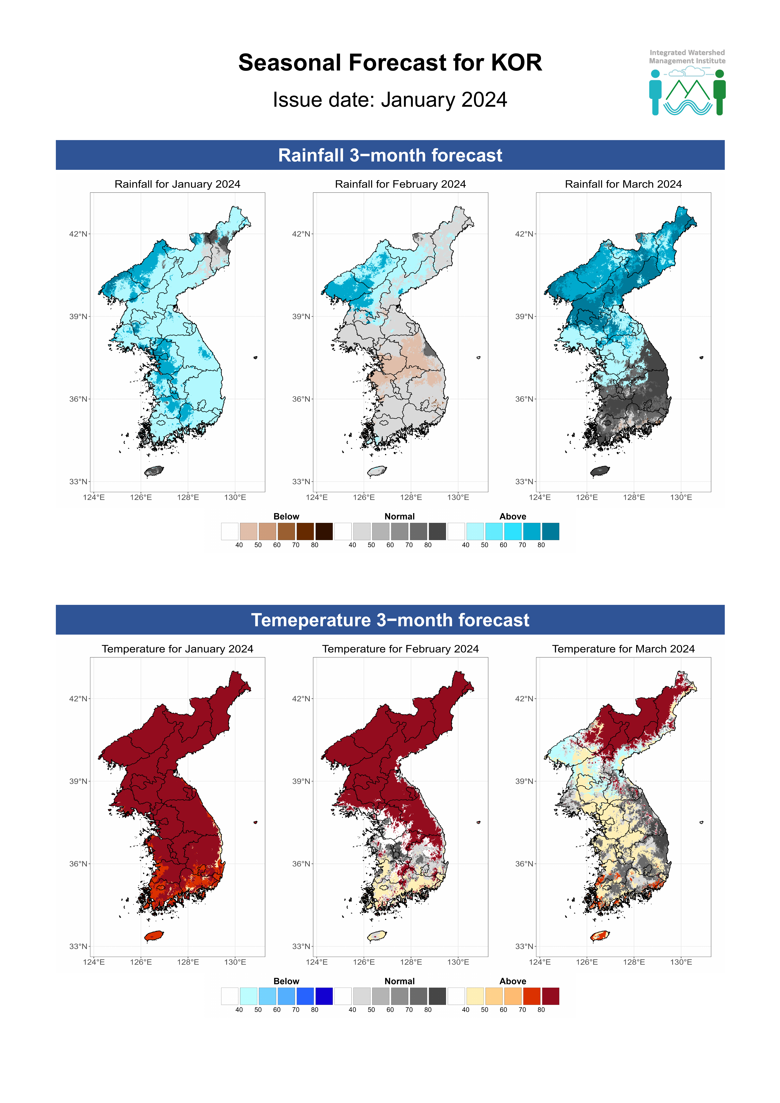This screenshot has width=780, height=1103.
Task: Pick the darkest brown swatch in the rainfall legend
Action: coord(324,531)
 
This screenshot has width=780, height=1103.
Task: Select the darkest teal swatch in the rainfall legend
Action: coord(550,531)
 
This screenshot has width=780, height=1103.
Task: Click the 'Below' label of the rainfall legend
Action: coord(286,516)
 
